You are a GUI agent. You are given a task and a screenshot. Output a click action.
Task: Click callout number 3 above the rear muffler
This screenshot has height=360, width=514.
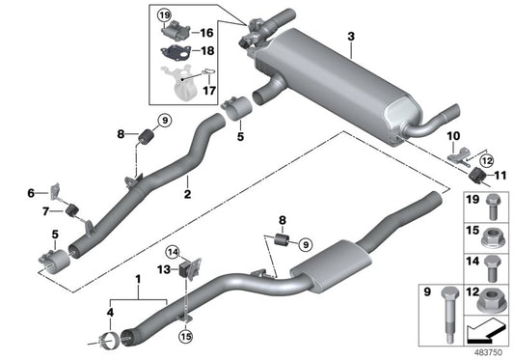tap(351, 37)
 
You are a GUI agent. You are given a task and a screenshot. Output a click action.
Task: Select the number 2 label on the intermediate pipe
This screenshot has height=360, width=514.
tap(188, 194)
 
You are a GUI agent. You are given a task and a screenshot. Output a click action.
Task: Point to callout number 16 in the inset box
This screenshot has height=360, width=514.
tap(207, 32)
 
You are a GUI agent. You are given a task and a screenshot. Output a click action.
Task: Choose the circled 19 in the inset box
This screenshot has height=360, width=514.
tap(164, 16)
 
